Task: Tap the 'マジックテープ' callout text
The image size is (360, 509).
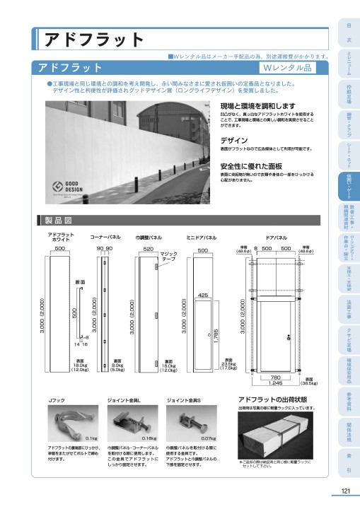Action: [168, 257]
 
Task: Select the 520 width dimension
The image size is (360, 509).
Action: [148, 250]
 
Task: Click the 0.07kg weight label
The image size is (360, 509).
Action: [208, 439]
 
